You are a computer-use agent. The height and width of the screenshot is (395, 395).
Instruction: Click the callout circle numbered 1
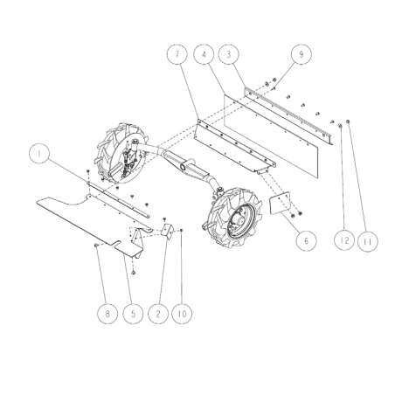[38, 155]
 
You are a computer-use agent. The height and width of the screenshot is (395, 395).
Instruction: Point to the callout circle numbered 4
[203, 53]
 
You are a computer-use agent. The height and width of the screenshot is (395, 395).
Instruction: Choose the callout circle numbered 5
[132, 312]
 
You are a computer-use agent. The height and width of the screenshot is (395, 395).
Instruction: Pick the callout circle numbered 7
[177, 53]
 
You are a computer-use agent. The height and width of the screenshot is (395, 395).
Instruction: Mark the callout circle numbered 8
[107, 312]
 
